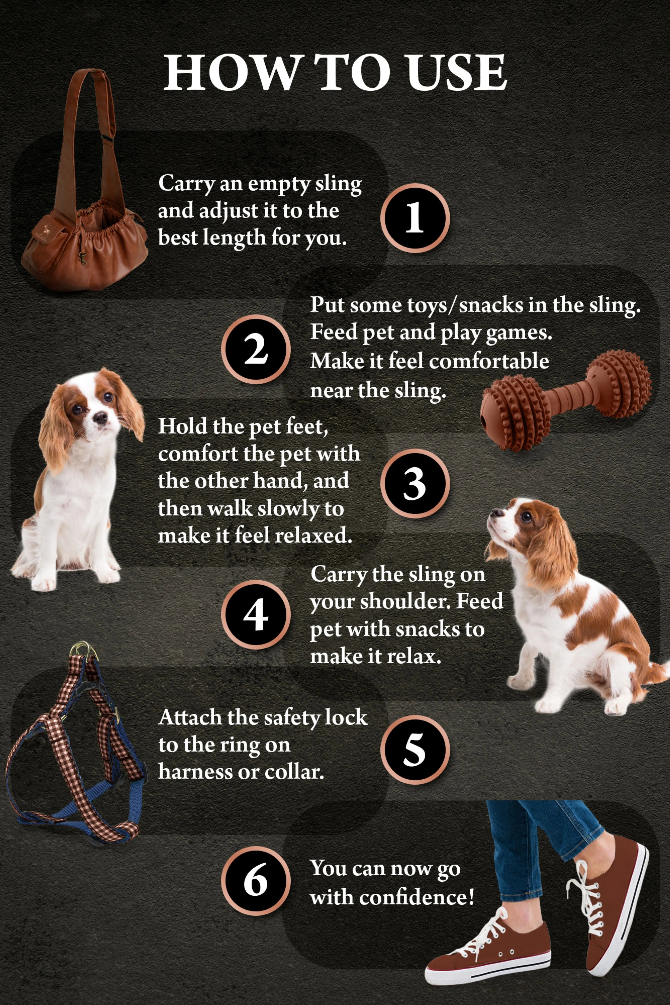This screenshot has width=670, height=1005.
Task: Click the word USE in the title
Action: (456, 73)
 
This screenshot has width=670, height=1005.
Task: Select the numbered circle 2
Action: (255, 349)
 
